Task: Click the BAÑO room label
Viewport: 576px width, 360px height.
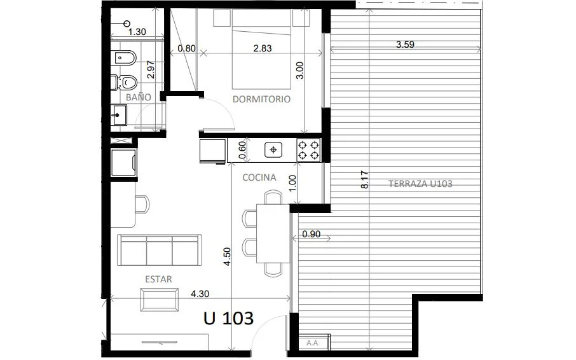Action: [x=139, y=97]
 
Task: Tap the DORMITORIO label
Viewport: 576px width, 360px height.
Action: [x=261, y=99]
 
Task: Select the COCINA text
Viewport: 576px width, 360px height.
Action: [x=259, y=177]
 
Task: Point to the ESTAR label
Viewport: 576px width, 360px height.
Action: [x=158, y=279]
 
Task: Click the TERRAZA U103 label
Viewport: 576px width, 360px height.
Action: [x=420, y=184]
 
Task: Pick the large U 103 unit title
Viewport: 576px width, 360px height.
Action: [x=228, y=318]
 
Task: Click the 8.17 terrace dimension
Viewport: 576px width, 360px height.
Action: [x=365, y=179]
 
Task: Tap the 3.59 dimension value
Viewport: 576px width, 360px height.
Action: [x=405, y=45]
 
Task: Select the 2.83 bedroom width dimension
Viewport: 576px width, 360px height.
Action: [x=263, y=48]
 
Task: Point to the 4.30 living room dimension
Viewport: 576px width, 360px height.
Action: [x=200, y=294]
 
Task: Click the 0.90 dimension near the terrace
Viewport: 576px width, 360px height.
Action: [x=311, y=234]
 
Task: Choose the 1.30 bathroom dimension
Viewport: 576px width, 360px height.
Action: [x=137, y=32]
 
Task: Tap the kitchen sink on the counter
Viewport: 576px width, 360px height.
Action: [x=273, y=150]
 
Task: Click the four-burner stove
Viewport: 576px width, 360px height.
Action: [x=308, y=150]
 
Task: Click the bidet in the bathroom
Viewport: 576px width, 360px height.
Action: [x=124, y=58]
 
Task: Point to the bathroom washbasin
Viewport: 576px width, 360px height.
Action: [x=119, y=115]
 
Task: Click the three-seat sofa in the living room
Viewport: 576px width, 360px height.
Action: [x=160, y=250]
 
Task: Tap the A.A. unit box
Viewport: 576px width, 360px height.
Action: [x=314, y=343]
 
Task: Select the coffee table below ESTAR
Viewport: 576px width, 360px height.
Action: [x=160, y=300]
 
